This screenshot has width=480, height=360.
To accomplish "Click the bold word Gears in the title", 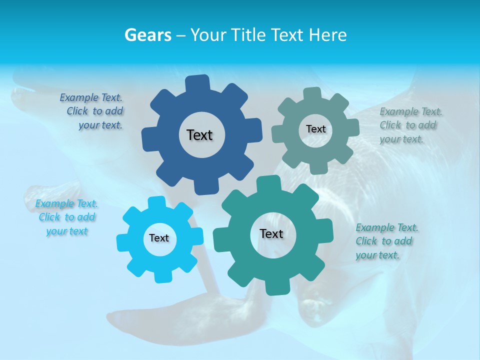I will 147,35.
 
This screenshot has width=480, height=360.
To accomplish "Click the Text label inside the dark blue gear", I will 199,135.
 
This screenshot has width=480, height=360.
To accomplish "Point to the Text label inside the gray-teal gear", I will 315,129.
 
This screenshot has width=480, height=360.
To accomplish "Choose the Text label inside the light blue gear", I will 159,238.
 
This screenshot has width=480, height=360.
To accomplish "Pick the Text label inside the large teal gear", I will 271,233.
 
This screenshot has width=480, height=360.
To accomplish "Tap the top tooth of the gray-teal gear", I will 312,93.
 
